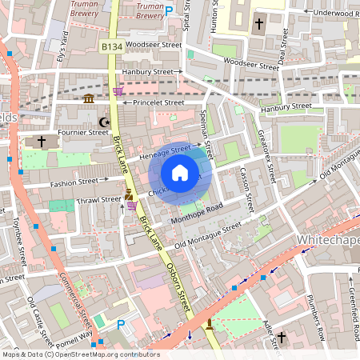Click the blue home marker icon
tap(180, 173)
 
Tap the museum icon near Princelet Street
tap(89, 98)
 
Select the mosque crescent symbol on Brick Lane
tap(102, 122)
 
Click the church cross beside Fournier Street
tap(42, 142)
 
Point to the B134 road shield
tap(112, 48)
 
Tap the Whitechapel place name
tap(328, 240)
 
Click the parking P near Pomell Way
tap(122, 325)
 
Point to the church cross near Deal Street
tap(259, 24)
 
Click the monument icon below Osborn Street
tap(210, 324)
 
